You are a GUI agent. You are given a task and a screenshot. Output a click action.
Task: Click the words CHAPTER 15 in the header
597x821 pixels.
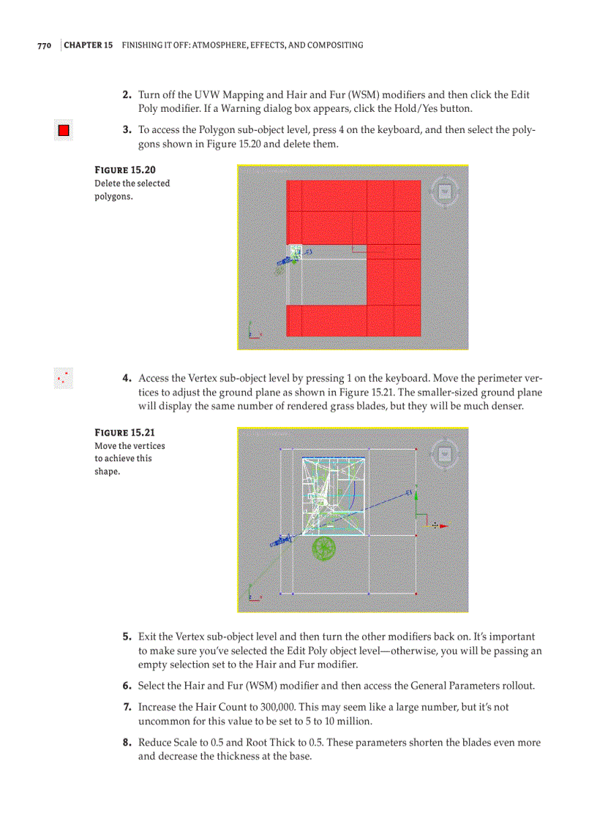point(89,45)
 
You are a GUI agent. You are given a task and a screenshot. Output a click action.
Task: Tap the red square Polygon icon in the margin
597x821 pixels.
point(64,131)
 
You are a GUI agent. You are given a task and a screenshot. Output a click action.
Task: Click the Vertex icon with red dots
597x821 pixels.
point(64,379)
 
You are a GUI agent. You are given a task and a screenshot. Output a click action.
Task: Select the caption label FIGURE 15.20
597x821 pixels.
point(125,170)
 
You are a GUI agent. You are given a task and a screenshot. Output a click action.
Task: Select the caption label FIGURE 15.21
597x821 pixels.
point(124,433)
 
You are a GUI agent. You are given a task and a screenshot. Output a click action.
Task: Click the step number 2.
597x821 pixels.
point(127,95)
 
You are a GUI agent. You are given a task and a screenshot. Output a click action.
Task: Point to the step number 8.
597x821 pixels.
point(127,743)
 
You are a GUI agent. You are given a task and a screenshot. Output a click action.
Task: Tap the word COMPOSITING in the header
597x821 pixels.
point(335,45)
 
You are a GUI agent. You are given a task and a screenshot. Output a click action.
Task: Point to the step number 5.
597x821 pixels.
point(127,637)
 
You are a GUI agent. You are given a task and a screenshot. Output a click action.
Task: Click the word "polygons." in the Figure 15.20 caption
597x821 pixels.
point(113,197)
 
